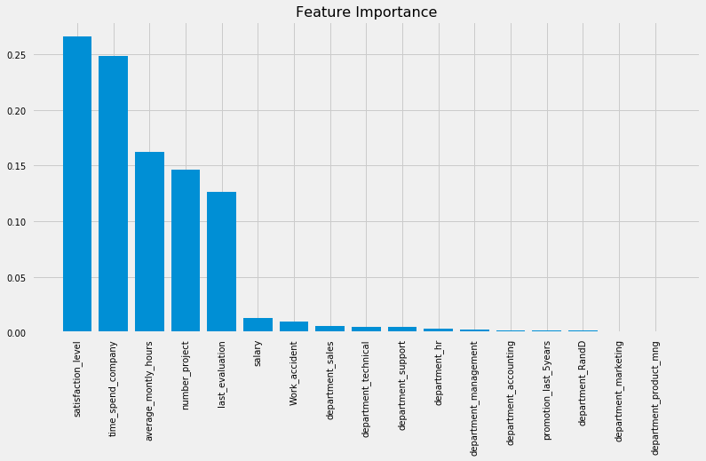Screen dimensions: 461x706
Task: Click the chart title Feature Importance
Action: (x=366, y=12)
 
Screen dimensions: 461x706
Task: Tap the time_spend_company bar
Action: (x=114, y=195)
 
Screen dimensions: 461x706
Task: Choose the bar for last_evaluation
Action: (x=222, y=262)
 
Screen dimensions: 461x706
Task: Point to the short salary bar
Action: (x=258, y=325)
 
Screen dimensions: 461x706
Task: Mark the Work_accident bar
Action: (x=294, y=327)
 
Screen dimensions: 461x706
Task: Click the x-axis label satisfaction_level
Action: (x=77, y=378)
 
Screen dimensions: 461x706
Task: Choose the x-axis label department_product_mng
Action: (x=655, y=398)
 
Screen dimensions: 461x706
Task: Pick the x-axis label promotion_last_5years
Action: (x=547, y=392)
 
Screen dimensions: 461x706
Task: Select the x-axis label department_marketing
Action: (x=619, y=392)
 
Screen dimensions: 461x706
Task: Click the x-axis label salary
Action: (x=258, y=353)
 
